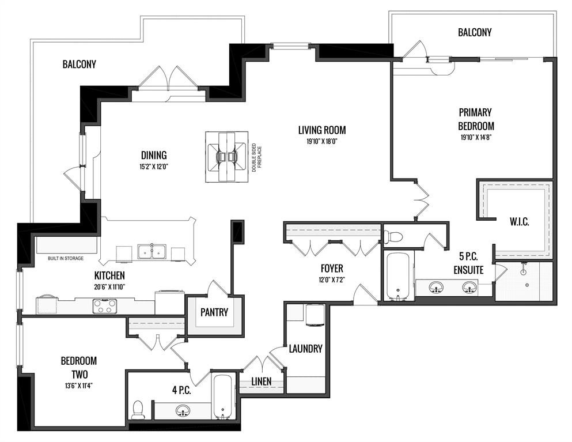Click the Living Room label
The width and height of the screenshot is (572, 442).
322,130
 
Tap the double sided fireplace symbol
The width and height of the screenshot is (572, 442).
226,157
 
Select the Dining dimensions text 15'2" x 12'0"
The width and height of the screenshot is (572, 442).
154,167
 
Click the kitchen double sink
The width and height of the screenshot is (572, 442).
151,251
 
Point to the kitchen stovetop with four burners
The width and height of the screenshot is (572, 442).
105,306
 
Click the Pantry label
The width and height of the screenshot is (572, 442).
214,312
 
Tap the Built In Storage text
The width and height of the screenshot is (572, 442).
66,258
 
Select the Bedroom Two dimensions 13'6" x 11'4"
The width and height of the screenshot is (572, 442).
79,386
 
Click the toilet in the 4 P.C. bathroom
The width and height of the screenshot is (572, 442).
138,410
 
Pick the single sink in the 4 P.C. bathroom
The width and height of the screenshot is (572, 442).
182,411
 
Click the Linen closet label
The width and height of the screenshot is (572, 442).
262,381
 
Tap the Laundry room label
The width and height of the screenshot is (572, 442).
306,349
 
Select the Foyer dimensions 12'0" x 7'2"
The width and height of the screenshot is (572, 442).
332,280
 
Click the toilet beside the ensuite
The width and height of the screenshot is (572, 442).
393,237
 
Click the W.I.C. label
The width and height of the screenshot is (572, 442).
520,221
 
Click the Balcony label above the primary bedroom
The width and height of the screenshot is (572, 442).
475,32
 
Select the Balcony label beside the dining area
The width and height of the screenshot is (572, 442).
79,64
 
